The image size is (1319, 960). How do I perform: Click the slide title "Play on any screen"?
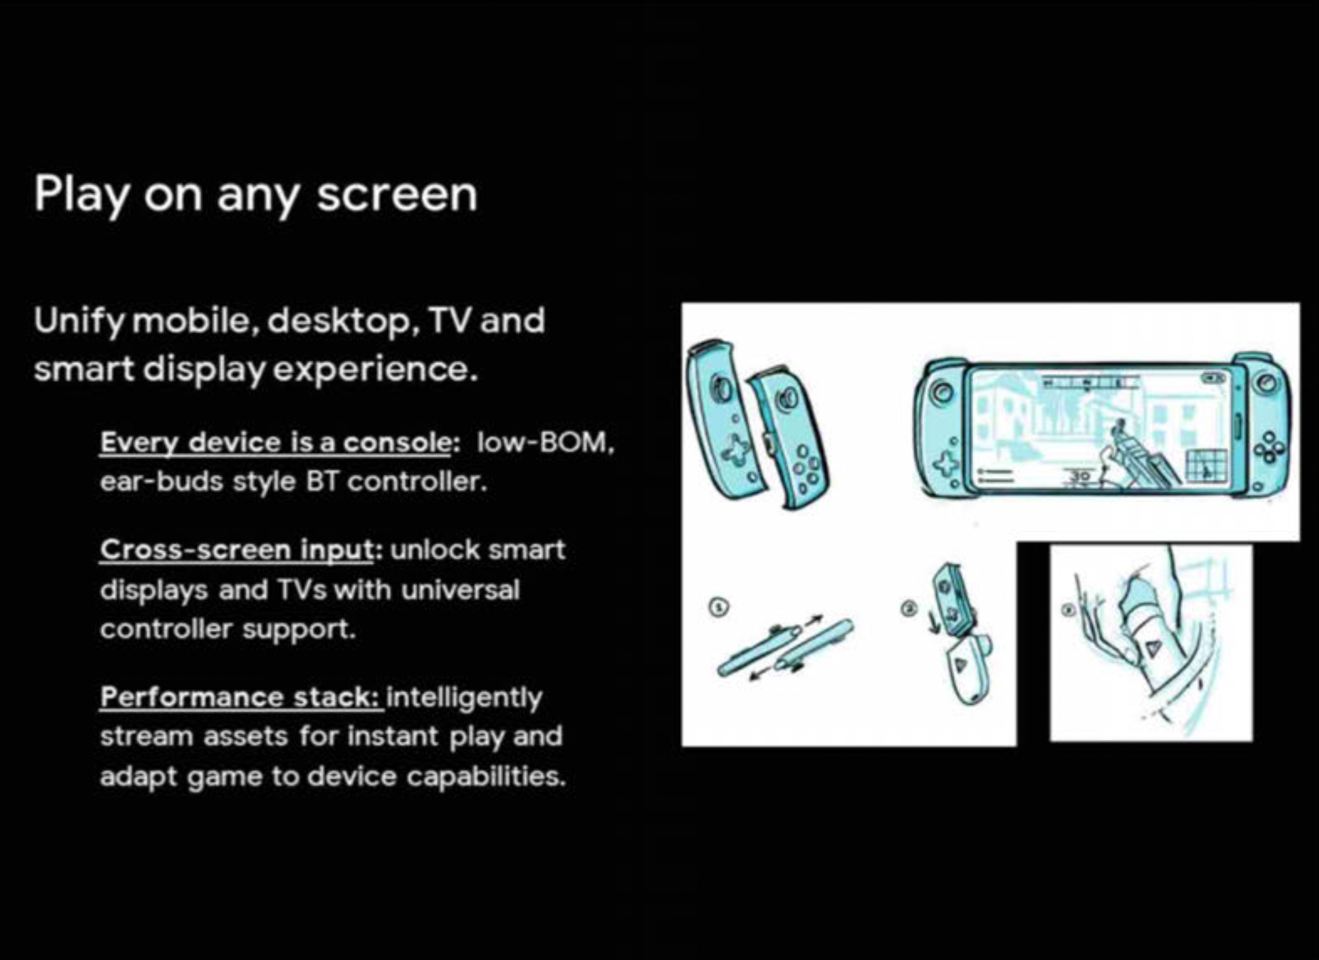pyautogui.click(x=256, y=194)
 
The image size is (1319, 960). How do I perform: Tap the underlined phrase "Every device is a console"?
pyautogui.click(x=276, y=442)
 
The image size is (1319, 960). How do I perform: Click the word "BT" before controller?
pyautogui.click(x=322, y=482)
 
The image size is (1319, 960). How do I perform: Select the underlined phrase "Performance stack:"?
pyautogui.click(x=242, y=697)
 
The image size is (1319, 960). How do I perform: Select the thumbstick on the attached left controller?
pyautogui.click(x=942, y=393)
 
